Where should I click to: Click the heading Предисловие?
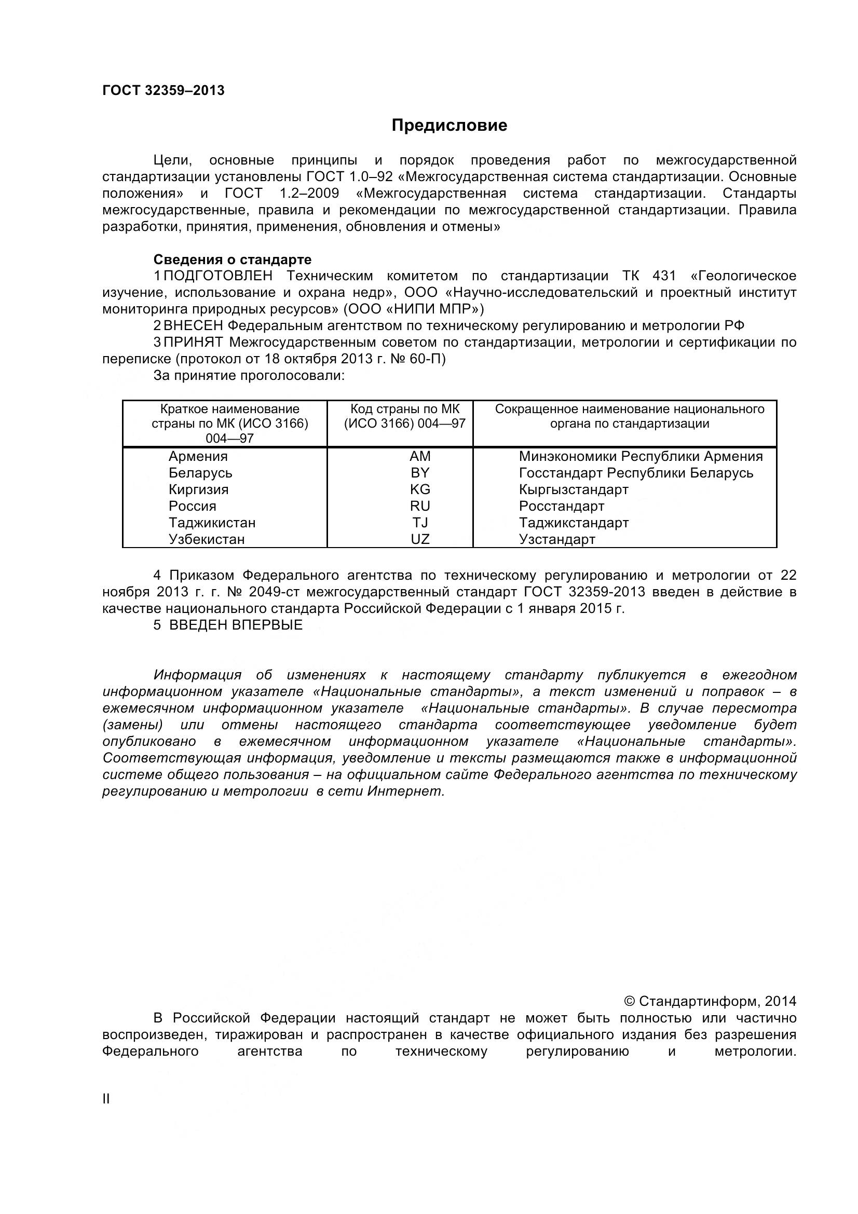(x=449, y=125)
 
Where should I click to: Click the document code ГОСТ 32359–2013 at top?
(x=164, y=90)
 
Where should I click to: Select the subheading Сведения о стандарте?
(x=232, y=260)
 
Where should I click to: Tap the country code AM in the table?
(x=420, y=456)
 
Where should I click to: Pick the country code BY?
(x=420, y=473)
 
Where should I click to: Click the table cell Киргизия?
(x=198, y=489)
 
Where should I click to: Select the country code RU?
(x=420, y=506)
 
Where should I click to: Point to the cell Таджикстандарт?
(x=574, y=523)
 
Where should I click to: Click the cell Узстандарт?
(x=556, y=540)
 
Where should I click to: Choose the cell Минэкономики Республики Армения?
(x=641, y=456)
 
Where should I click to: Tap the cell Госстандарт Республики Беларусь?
(x=636, y=473)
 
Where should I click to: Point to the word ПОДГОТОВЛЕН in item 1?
(x=219, y=276)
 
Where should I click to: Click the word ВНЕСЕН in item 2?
(x=194, y=326)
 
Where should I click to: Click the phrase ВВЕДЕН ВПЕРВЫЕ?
(x=236, y=625)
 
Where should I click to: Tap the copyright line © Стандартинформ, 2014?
(x=710, y=1001)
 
